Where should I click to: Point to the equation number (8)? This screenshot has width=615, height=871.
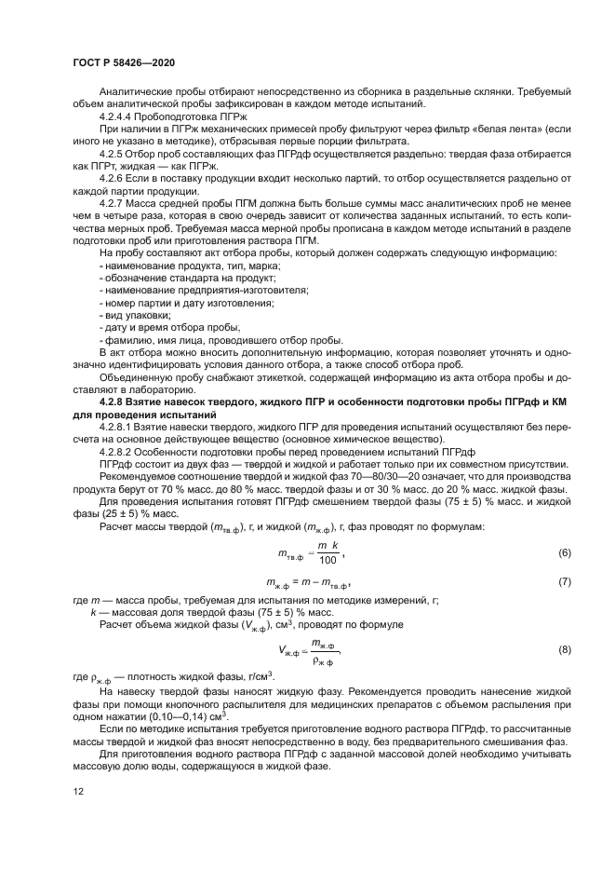(564, 648)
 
